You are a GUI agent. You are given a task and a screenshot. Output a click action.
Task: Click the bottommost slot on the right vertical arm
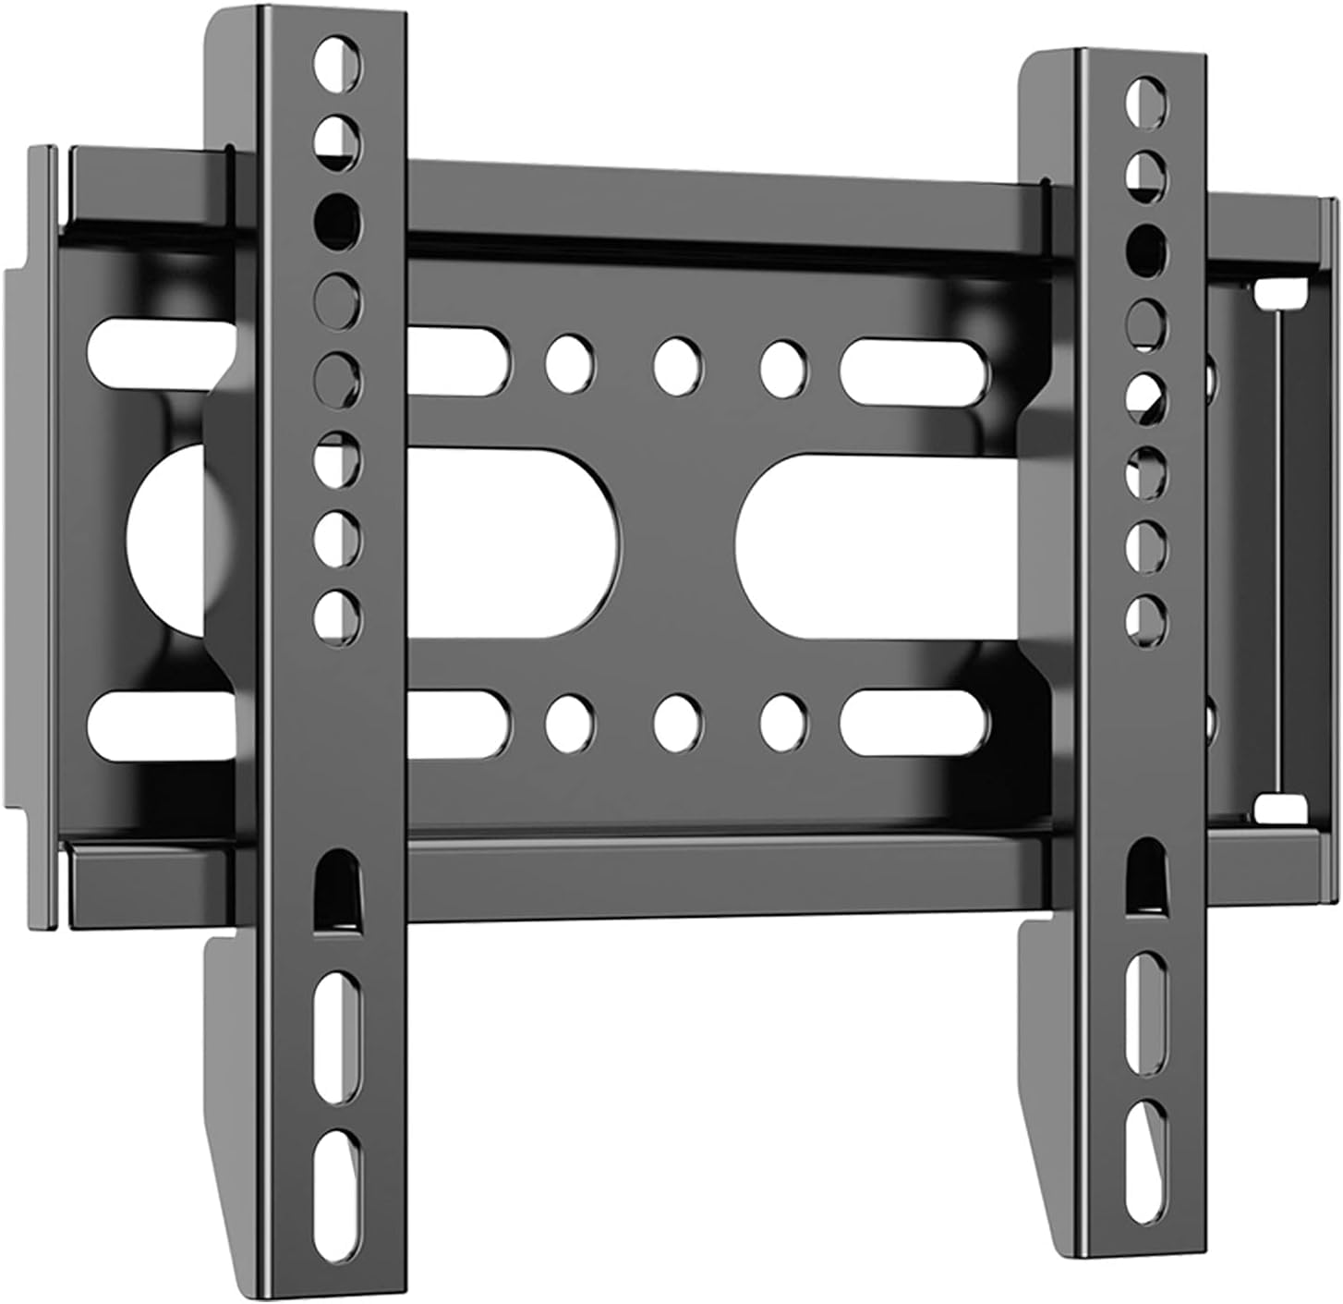point(1146,1138)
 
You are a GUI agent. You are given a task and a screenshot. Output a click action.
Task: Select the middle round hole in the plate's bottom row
point(677,722)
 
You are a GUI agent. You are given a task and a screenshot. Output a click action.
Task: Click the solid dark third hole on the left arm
point(338,217)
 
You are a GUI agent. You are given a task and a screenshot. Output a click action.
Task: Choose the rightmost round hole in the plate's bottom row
point(784,722)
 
